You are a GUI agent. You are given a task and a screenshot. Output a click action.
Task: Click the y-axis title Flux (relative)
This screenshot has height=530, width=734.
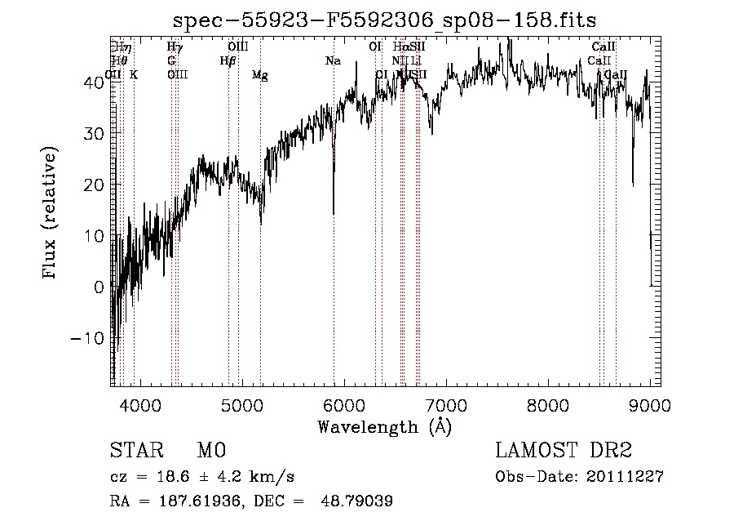click(x=51, y=214)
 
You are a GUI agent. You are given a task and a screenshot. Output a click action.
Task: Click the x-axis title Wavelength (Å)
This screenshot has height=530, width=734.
click(x=385, y=426)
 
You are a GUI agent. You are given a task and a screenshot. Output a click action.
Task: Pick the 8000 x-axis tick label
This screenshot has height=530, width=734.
click(x=548, y=405)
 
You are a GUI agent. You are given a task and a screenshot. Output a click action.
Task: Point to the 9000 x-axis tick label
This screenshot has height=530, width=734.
click(x=650, y=405)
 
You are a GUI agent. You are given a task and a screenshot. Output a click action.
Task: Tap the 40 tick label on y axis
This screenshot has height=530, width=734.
click(x=95, y=82)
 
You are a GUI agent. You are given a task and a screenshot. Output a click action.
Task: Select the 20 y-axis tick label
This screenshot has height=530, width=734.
click(x=95, y=185)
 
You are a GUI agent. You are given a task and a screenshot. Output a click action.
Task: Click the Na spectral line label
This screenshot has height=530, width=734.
click(x=333, y=61)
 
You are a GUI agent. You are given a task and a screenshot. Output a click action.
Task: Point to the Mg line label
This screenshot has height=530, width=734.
click(x=260, y=75)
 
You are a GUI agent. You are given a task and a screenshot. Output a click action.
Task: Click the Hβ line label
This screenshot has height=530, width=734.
click(x=228, y=61)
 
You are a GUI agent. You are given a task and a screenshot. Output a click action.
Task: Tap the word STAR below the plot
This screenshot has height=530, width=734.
click(x=136, y=451)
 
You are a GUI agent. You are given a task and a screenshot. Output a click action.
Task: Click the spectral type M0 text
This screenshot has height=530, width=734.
click(x=210, y=451)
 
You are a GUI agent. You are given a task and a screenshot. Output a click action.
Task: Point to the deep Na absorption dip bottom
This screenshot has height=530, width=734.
click(x=334, y=213)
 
